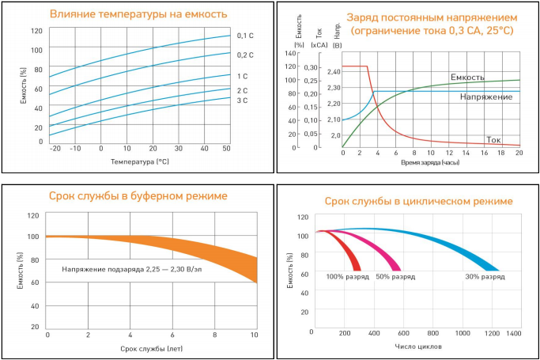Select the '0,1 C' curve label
245,36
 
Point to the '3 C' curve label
242,101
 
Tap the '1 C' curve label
242,76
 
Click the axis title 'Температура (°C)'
138,161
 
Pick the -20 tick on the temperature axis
55,148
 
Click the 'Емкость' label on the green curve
467,77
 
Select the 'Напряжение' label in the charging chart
485,97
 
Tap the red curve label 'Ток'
494,138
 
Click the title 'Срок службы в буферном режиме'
138,195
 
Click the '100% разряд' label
346,278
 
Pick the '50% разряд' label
395,278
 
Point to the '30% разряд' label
485,278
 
